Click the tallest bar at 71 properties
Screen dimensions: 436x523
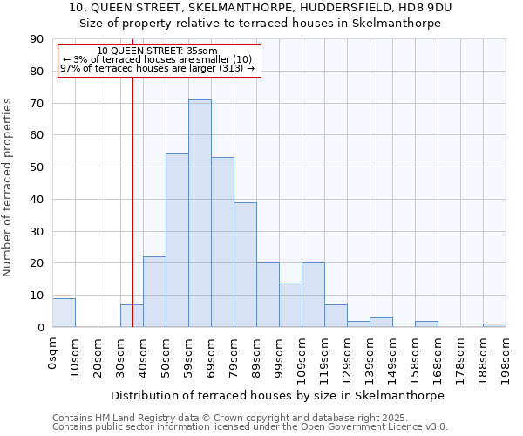coord(200,214)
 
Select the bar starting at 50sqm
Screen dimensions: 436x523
coord(177,241)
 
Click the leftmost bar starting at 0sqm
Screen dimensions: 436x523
coord(64,313)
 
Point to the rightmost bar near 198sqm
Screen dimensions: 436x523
coord(494,325)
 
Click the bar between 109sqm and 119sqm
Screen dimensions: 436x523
coord(313,295)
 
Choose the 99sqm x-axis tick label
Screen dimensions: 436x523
coord(279,357)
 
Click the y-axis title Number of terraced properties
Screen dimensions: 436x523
coord(9,187)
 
